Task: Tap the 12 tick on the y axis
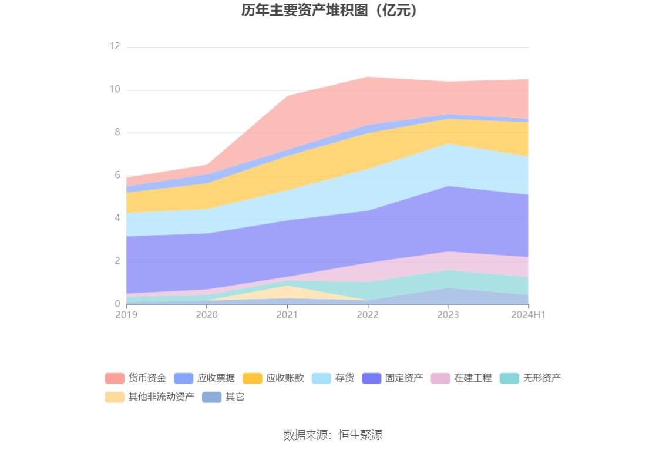115,46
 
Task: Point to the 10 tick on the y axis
115,89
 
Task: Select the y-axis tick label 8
117,132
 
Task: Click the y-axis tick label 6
117,175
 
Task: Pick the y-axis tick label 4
117,218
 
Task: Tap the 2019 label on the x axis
126,315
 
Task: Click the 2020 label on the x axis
207,315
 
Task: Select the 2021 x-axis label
287,315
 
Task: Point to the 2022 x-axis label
368,315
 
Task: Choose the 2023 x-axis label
448,315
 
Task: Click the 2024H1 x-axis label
528,315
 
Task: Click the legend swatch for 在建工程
440,378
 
